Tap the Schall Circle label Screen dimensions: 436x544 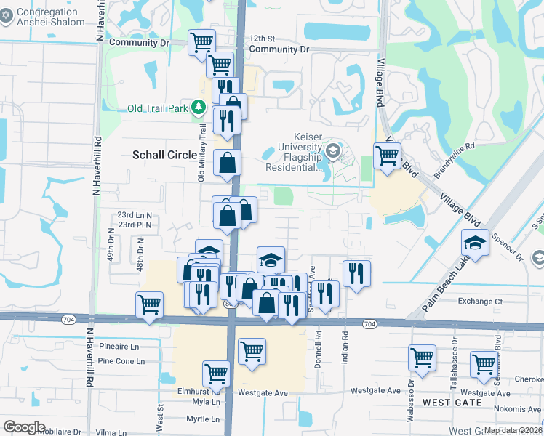[x=164, y=155]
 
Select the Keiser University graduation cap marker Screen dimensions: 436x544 [x=333, y=151]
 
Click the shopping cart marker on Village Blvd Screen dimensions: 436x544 [x=388, y=156]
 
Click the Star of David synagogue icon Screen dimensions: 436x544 [x=6, y=16]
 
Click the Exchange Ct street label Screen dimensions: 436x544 [x=480, y=301]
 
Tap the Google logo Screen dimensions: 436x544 [x=24, y=427]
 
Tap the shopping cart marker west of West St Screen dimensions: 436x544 [x=149, y=304]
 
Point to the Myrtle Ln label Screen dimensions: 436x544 [x=202, y=419]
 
